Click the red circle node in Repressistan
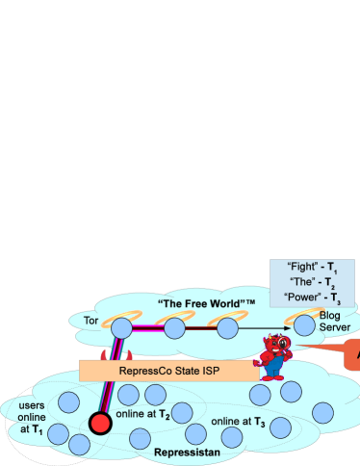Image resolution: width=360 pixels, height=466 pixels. click(98, 423)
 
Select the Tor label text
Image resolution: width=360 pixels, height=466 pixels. click(91, 320)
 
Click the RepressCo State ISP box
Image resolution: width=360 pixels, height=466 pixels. click(169, 370)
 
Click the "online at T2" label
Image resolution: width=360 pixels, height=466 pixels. click(143, 415)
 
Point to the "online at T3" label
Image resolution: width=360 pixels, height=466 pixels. click(238, 422)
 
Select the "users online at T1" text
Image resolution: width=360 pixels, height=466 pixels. click(32, 418)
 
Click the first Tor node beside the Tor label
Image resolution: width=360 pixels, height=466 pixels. click(121, 328)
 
